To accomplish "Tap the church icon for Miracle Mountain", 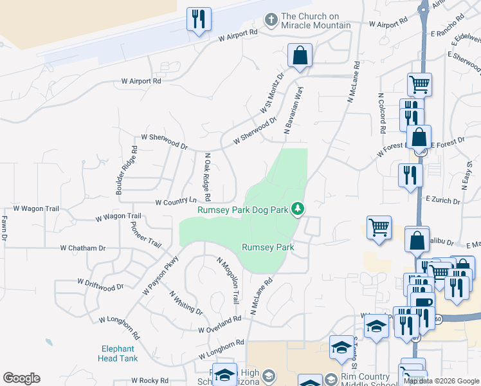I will tap(271, 20).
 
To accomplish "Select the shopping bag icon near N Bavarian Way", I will tap(300, 56).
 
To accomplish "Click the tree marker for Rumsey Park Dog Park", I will tap(297, 208).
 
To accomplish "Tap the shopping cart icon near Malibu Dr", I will tap(379, 228).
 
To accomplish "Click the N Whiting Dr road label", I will tap(186, 302).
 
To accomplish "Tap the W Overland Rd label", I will tap(219, 324).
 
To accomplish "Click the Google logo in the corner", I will tap(21, 378).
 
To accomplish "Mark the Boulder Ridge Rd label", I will tap(126, 170).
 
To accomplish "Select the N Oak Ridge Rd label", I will tap(207, 177).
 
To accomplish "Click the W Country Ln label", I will tap(176, 202).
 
